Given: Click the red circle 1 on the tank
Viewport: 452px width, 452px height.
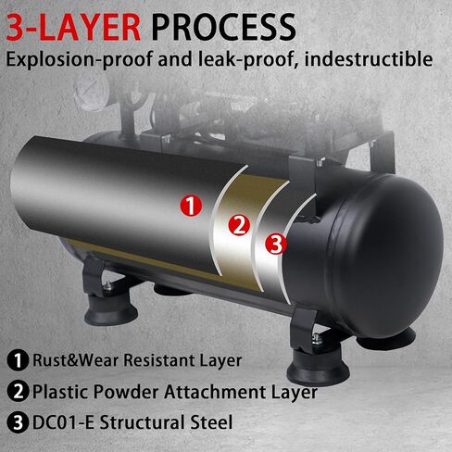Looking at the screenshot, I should (x=191, y=206).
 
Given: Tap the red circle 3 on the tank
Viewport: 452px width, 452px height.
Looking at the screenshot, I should (x=276, y=245).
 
